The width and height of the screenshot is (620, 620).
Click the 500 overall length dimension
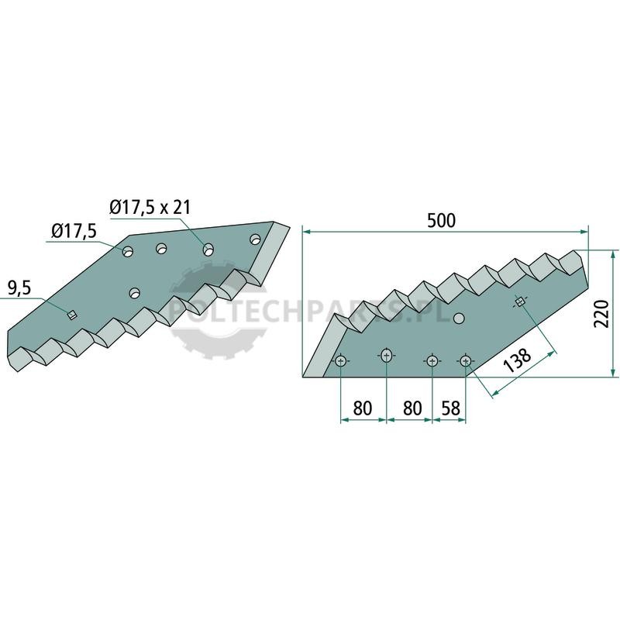pyautogui.click(x=441, y=221)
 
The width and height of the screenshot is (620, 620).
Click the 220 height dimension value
pyautogui.click(x=602, y=314)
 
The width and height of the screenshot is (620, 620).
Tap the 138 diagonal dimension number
pyautogui.click(x=518, y=360)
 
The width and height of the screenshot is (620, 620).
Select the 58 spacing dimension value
pyautogui.click(x=451, y=408)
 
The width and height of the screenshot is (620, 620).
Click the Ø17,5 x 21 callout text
pyautogui.click(x=150, y=207)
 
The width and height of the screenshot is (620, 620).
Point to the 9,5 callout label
pyautogui.click(x=19, y=289)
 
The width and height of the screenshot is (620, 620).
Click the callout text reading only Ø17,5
pyautogui.click(x=74, y=231)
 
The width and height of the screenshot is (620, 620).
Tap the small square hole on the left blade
pyautogui.click(x=71, y=315)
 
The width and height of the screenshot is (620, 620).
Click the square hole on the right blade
pyautogui.click(x=519, y=302)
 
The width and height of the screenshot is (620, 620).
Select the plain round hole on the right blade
pyautogui.click(x=459, y=318)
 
